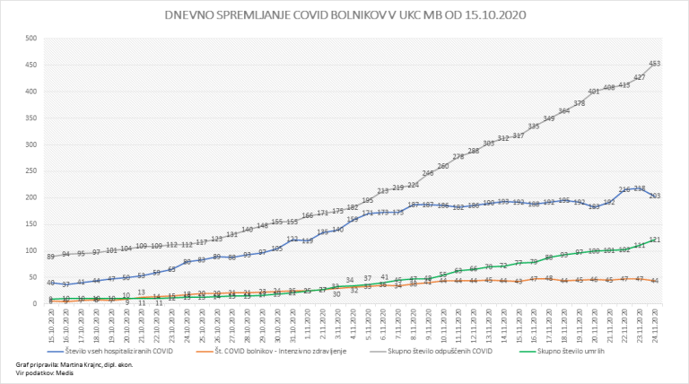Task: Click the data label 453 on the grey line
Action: (x=655, y=63)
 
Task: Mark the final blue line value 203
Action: (x=655, y=195)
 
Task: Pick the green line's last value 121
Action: (x=655, y=240)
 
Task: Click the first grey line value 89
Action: (x=52, y=257)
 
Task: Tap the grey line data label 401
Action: (x=594, y=92)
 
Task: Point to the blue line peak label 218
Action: (x=640, y=188)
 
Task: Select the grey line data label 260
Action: (x=443, y=166)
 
